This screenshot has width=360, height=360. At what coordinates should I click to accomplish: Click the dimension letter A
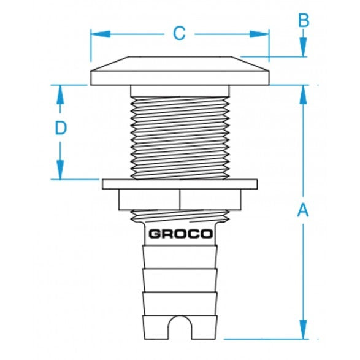[302, 211]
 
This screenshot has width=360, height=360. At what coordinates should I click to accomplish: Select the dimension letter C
[178, 33]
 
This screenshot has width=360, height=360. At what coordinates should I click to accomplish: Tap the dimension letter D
[60, 128]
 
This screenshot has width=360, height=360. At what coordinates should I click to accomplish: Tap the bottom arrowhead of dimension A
[303, 331]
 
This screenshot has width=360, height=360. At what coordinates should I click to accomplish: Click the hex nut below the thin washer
[180, 199]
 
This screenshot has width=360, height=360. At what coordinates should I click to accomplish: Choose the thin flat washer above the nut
[180, 184]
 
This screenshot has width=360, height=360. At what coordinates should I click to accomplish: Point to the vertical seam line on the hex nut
[180, 199]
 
